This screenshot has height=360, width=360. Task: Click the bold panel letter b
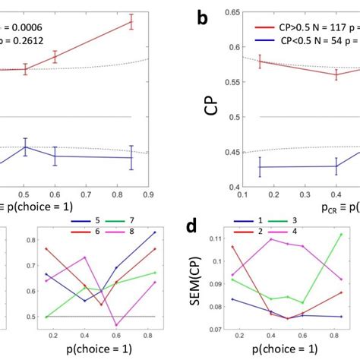203,17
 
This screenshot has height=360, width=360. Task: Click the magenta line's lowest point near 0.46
117,325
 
